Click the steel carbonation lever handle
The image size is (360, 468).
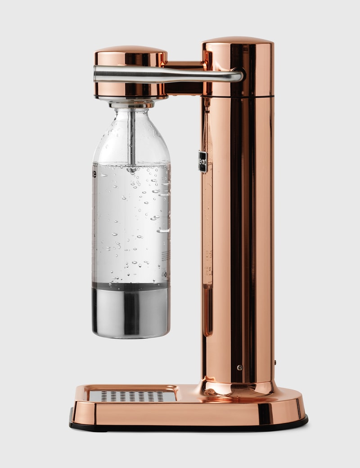pos(166,75)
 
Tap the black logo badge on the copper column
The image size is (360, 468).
pos(202,161)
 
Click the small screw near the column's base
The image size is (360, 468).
pos(239,368)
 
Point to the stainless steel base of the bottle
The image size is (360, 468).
pos(131,311)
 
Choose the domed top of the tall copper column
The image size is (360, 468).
pos(238,40)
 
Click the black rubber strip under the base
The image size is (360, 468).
pos(189,426)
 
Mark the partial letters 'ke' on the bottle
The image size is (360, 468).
pos(94,174)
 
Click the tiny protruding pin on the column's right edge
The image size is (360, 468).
pos(274,361)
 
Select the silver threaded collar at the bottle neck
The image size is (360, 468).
pos(131,104)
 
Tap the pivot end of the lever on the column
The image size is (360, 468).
pos(238,75)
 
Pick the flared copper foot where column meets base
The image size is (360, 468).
pos(237,388)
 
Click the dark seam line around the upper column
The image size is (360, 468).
pos(238,96)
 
